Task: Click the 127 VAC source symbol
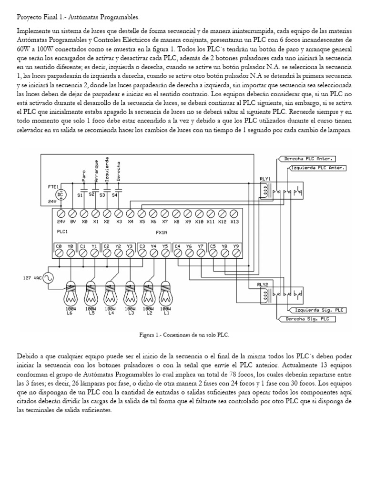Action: (48, 278)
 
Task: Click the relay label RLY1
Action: (265, 179)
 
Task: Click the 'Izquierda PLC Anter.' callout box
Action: (318, 168)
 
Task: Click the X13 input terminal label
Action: (234, 222)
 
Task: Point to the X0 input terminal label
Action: (84, 222)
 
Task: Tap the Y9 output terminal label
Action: (236, 246)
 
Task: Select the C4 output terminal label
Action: (178, 246)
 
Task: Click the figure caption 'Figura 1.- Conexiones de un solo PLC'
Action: (184, 335)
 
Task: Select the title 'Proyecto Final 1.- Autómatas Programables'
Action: (78, 17)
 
